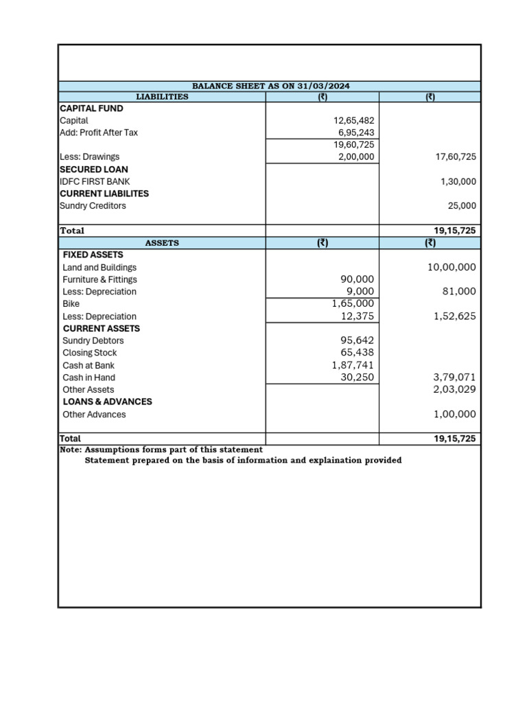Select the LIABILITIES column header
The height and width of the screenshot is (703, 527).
tap(162, 97)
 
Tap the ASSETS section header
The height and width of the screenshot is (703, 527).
tap(162, 243)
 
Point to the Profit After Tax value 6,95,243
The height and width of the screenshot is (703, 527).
tap(355, 132)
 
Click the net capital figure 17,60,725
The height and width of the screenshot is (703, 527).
tap(456, 157)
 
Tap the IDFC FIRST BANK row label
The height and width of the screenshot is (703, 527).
tap(94, 181)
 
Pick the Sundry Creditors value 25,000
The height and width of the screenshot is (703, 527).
tap(460, 206)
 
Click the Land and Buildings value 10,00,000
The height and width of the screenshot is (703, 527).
tap(452, 267)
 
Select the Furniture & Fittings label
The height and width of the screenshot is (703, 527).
tap(99, 279)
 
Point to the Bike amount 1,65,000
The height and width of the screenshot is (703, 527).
tap(353, 303)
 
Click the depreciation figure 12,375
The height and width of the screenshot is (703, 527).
tap(357, 316)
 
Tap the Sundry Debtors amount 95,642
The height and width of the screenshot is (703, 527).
tap(357, 341)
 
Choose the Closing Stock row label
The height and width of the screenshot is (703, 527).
tap(89, 353)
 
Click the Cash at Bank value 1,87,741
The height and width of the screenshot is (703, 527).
tap(353, 365)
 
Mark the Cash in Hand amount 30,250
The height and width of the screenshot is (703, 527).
tap(357, 378)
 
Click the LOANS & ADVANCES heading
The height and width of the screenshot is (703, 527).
tap(107, 402)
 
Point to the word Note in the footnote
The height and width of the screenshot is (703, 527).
tap(70, 450)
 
